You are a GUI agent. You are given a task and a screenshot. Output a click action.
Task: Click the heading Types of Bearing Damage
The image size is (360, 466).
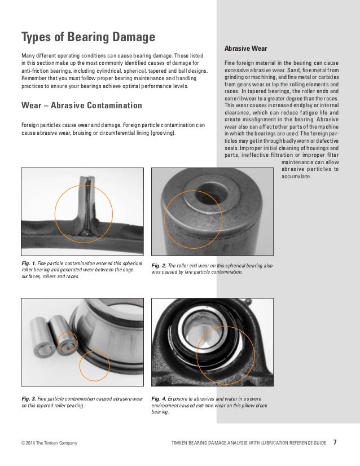[x=87, y=38]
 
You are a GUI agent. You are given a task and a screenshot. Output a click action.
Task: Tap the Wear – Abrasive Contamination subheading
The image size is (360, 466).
[x=81, y=105]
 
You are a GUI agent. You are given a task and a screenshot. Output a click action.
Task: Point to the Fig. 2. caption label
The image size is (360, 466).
[x=161, y=265]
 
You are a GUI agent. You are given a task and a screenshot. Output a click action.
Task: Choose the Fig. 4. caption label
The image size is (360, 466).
[x=161, y=399]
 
